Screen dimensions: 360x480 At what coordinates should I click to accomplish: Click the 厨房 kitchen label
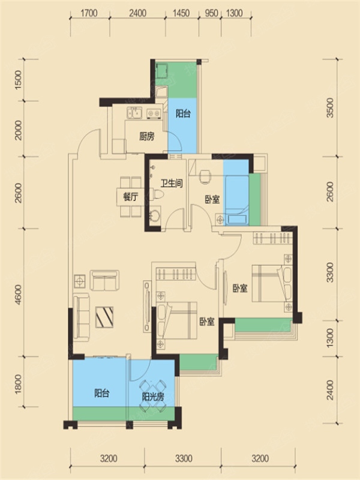click(x=146, y=136)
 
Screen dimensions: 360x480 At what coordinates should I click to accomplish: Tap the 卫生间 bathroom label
click(x=172, y=183)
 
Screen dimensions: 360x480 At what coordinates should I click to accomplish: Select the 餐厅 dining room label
click(x=130, y=197)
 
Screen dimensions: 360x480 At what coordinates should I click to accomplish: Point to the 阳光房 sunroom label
click(x=153, y=397)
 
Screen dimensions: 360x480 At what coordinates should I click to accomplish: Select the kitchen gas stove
click(x=154, y=113)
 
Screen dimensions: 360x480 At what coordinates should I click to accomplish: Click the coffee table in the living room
click(x=104, y=317)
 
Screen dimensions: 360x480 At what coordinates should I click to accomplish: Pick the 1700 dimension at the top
click(x=89, y=13)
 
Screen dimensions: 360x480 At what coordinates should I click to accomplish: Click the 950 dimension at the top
click(x=211, y=13)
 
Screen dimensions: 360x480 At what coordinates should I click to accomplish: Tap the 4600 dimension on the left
click(x=18, y=295)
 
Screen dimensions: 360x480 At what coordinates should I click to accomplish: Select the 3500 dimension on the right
click(x=330, y=107)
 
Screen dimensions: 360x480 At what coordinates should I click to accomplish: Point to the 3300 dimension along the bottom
click(x=184, y=458)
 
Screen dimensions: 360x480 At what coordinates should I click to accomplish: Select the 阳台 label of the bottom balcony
click(x=102, y=393)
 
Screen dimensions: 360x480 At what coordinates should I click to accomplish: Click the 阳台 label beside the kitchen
click(x=183, y=113)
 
